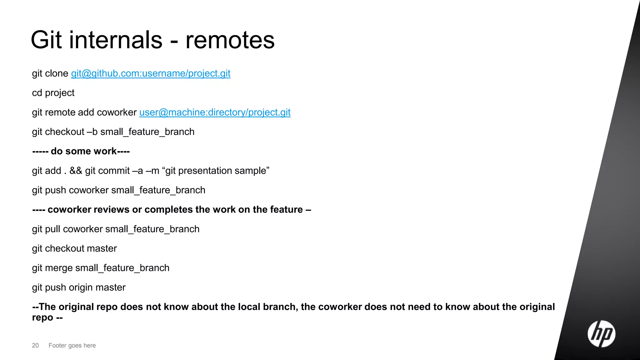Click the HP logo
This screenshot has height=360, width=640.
[x=601, y=334]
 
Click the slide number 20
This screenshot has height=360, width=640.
[x=35, y=345]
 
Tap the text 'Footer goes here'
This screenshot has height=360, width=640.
[x=72, y=345]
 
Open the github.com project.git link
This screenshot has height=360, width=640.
[x=151, y=73]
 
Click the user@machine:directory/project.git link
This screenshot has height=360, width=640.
[x=215, y=112]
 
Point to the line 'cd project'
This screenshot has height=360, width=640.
[x=53, y=93]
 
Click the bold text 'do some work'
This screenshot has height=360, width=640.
[x=83, y=151]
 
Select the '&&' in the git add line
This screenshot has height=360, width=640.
[x=76, y=171]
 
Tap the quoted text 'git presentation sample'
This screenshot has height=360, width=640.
[x=216, y=171]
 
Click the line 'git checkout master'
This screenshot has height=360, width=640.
[x=74, y=248]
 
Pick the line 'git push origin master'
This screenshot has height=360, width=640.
[x=79, y=287]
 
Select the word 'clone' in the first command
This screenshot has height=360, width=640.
[x=57, y=73]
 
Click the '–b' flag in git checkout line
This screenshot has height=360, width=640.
[x=92, y=132]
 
